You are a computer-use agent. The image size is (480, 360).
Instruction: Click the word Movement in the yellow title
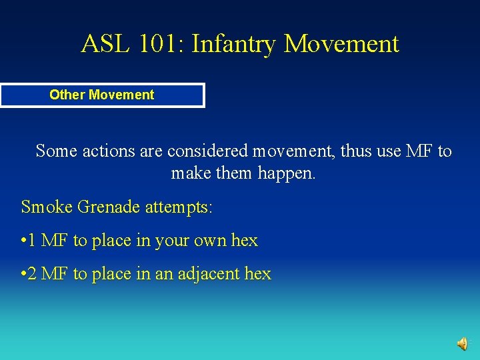(342, 44)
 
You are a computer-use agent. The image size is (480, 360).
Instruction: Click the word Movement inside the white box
(121, 95)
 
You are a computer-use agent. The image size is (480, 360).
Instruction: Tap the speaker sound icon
(462, 343)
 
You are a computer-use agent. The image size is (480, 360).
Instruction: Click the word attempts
(177, 207)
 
